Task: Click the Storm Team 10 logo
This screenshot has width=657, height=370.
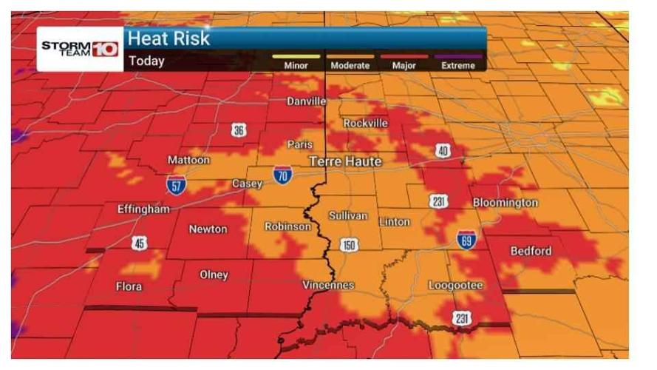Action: click(x=80, y=49)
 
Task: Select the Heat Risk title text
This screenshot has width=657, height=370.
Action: click(x=169, y=39)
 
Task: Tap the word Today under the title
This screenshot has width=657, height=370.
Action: click(x=146, y=61)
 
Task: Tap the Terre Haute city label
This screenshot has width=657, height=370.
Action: click(x=345, y=161)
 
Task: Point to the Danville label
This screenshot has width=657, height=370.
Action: click(x=307, y=101)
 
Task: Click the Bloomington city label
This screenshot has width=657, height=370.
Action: click(x=505, y=203)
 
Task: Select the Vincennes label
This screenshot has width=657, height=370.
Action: click(x=329, y=285)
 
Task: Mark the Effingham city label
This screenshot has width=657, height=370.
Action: click(x=143, y=209)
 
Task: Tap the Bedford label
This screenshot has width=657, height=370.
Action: click(x=531, y=251)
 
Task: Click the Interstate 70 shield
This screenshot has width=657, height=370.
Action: click(x=282, y=175)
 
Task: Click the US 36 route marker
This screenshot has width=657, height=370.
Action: click(x=238, y=130)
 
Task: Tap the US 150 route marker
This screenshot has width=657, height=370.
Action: click(x=349, y=244)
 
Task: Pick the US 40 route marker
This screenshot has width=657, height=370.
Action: click(x=442, y=151)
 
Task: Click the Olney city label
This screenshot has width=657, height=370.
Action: click(x=214, y=275)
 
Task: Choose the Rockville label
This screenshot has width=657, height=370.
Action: click(x=365, y=123)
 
